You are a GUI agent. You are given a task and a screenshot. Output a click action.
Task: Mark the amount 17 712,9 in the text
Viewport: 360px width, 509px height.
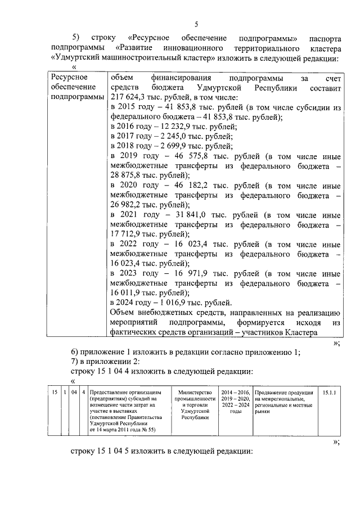click(126, 233)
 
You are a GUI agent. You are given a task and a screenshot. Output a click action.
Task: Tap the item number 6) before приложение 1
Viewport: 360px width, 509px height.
click(77, 352)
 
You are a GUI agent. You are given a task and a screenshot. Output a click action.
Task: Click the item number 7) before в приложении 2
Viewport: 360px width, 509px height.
click(77, 362)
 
